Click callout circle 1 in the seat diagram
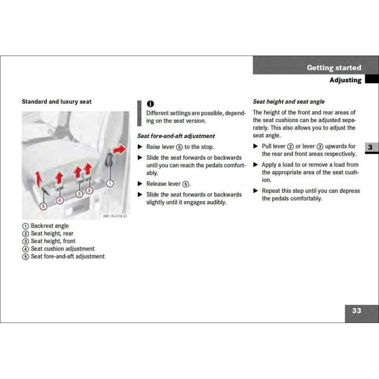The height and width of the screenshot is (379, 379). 110,183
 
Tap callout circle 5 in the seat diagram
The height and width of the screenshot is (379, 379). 43,206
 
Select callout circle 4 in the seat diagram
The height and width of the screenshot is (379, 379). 59,200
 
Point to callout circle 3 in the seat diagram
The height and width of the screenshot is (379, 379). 79,194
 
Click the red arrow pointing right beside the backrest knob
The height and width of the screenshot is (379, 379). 120,149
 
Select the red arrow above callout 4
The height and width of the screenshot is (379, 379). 59,177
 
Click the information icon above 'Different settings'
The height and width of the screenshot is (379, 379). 150,104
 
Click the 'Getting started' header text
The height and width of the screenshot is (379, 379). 334,68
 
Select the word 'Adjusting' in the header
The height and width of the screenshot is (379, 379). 345,80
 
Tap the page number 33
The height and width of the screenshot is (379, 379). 356,310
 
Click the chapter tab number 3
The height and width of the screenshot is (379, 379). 370,147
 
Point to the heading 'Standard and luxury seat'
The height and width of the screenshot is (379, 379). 56,101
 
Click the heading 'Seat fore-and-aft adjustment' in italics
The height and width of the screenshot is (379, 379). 176,136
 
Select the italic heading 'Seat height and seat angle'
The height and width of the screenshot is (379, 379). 288,101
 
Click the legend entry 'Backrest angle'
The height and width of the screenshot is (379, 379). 49,226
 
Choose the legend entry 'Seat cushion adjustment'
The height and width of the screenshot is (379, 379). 62,248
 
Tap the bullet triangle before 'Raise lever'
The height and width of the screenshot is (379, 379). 140,147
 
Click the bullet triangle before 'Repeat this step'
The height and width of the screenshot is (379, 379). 255,191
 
